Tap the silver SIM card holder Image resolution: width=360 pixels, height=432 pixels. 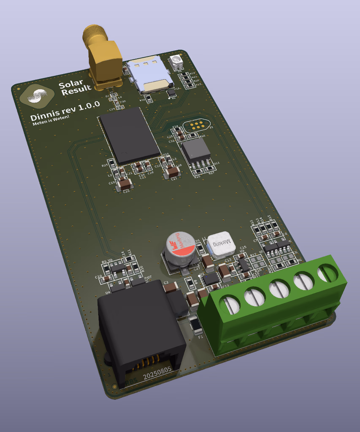150,74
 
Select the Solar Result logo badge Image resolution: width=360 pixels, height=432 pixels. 37,96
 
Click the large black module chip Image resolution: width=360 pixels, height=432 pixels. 129,135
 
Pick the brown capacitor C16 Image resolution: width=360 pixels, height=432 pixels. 124,184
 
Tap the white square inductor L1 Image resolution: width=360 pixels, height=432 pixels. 222,244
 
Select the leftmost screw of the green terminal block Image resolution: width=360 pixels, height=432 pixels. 229,305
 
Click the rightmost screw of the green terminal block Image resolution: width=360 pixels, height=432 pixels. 328,273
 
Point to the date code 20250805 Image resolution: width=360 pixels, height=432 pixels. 157,372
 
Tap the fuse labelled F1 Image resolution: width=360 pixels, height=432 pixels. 196,325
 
